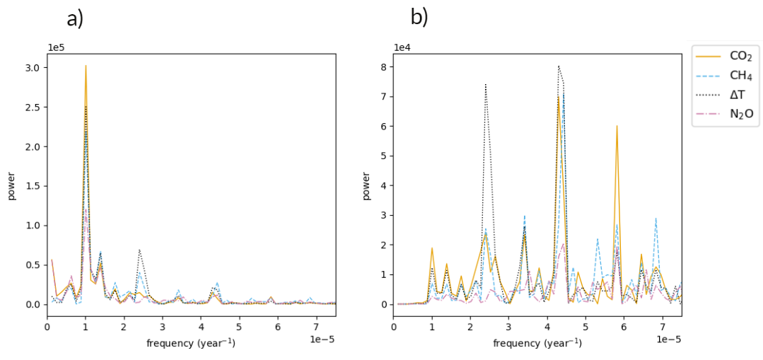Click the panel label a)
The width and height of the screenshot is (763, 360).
click(75, 19)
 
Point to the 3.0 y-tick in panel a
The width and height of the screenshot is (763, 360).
click(33, 68)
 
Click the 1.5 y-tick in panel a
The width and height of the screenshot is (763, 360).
click(33, 186)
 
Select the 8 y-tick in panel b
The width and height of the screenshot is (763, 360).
click(385, 67)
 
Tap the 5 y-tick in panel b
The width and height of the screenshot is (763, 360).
click(385, 156)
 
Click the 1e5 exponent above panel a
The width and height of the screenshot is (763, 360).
click(57, 47)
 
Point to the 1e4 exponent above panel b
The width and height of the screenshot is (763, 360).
click(402, 47)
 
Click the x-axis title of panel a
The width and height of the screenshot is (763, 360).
click(191, 343)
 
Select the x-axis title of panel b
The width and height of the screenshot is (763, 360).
click(537, 343)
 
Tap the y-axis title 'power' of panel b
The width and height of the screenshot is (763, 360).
click(366, 185)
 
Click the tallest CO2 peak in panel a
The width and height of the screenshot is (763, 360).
click(86, 66)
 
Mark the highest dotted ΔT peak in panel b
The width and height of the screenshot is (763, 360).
click(559, 66)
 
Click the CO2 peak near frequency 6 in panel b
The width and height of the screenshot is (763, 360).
click(617, 126)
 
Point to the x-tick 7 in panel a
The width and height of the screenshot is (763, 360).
click(316, 327)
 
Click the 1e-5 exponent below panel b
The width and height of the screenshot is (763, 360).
click(668, 339)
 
